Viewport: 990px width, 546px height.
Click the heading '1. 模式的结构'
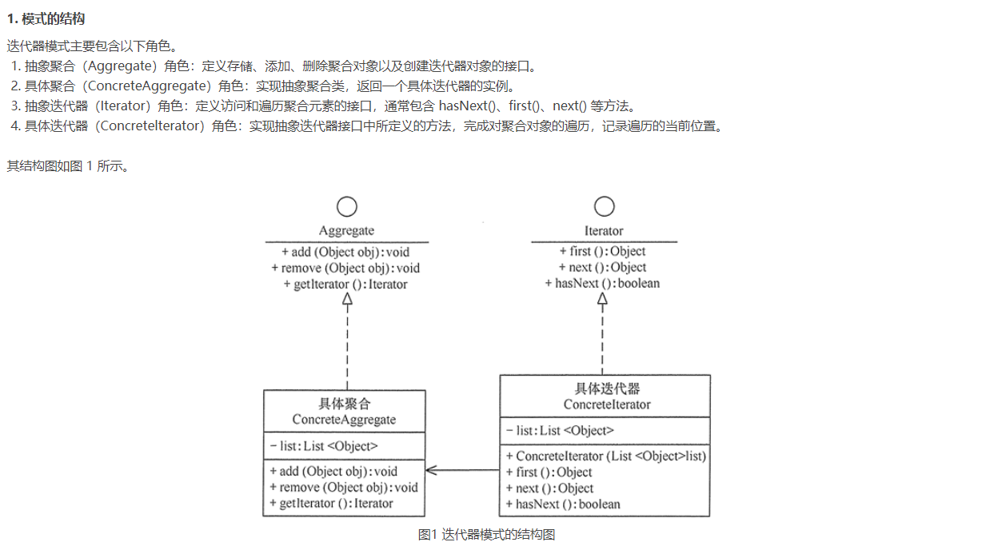(46, 18)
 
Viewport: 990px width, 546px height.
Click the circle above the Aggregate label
(346, 207)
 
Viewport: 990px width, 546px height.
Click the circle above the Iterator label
(604, 207)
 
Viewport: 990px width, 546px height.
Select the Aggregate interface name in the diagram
(346, 231)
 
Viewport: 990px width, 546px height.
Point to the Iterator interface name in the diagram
(604, 231)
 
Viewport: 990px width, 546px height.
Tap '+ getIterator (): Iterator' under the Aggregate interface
(345, 285)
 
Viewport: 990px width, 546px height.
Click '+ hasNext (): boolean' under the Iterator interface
(602, 283)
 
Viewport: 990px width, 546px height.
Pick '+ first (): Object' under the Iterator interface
(602, 251)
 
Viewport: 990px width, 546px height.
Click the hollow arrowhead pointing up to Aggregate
(347, 299)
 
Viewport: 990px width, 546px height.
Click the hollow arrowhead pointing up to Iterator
(602, 299)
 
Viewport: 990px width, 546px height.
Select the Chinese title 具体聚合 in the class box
(344, 405)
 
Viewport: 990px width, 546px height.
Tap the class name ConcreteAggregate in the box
(344, 420)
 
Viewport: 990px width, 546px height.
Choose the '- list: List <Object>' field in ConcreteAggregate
(324, 446)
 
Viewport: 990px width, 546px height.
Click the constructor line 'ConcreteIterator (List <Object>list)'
(606, 456)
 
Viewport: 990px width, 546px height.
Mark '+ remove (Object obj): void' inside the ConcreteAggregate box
(344, 488)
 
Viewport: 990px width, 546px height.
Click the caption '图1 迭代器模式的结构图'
(486, 535)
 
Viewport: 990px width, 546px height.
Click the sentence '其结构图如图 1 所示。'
(67, 166)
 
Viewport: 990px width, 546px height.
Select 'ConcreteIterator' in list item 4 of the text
(150, 126)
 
